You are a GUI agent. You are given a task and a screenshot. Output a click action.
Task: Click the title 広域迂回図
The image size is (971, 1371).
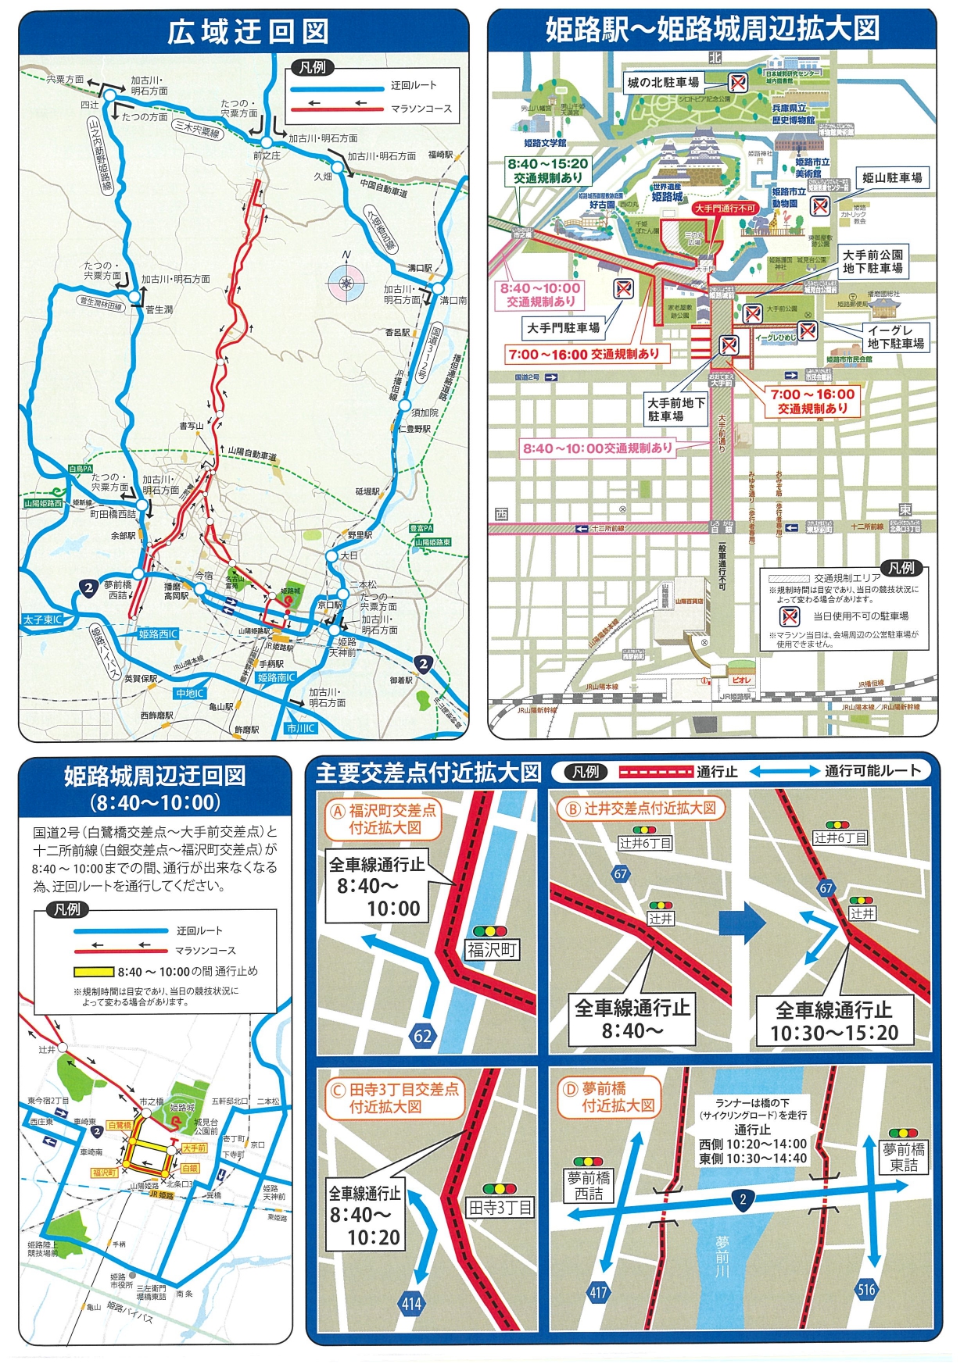point(247,32)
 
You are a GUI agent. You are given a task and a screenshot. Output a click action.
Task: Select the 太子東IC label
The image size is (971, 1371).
point(43,619)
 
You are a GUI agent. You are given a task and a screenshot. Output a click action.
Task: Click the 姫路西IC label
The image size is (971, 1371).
point(159,634)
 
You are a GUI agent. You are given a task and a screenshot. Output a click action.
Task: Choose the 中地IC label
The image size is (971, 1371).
point(190,693)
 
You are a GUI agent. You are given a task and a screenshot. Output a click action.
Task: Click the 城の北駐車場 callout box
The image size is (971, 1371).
point(663,82)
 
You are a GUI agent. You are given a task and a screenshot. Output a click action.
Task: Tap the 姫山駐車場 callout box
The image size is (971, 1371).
point(891,178)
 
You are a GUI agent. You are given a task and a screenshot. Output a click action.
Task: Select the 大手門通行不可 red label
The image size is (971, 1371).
point(725,209)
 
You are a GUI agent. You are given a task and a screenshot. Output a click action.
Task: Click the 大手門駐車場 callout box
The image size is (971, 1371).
point(563,327)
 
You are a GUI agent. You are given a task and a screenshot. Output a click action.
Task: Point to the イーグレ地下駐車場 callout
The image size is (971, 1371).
point(895,337)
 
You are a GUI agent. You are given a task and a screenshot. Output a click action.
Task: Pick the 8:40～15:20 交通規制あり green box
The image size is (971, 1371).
point(547,171)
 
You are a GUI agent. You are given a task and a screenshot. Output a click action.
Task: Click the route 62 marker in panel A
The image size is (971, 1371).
point(422,1036)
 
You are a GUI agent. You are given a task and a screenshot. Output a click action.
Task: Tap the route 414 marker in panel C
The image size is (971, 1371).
point(412,1302)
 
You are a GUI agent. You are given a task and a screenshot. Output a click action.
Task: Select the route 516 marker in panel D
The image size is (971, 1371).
point(865,1289)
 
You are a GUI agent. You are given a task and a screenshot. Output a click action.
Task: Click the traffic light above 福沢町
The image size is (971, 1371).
point(490,930)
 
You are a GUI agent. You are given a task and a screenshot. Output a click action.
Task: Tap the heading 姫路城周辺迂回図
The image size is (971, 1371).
point(155,776)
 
